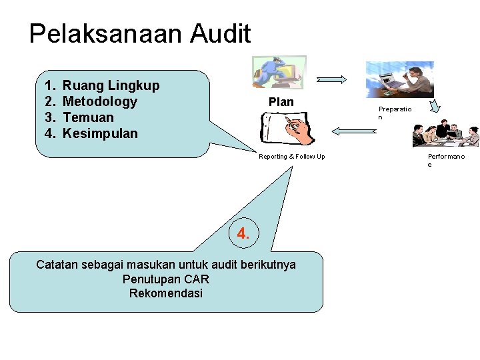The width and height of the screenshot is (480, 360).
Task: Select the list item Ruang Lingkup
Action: pos(111,85)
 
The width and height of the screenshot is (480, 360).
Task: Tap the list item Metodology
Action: pos(99,101)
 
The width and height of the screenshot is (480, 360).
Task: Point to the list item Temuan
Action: pos(88,117)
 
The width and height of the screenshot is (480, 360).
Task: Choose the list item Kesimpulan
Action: pos(100,133)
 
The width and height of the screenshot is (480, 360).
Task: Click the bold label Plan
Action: pos(281,102)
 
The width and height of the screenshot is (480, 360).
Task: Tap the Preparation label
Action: pos(395,113)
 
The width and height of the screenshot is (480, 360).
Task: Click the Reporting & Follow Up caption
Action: pos(292,157)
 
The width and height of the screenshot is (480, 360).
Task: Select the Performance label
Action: pos(445,160)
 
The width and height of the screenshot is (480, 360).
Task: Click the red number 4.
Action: pos(243,233)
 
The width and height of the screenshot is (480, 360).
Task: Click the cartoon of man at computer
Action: pos(279,72)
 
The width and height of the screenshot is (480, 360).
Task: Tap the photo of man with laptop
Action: pos(399,79)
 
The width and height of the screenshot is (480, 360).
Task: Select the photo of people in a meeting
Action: pos(445,135)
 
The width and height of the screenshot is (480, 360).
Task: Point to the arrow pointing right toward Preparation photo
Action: pos(331,79)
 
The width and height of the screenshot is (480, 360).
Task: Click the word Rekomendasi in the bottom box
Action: pos(166,293)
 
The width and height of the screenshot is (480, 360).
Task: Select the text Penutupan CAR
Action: pos(166,279)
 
